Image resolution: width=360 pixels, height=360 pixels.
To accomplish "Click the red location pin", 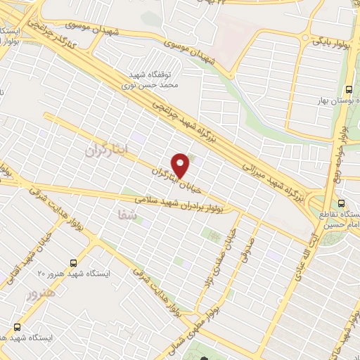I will click(x=181, y=165).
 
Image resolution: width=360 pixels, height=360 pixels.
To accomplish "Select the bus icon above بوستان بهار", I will click(x=349, y=89).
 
